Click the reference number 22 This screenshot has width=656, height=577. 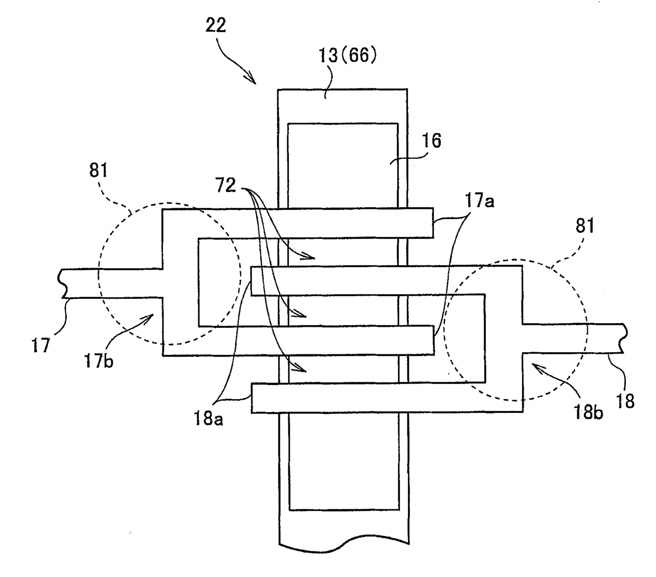[216, 25]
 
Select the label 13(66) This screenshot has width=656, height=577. [348, 55]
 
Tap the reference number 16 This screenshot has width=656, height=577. [432, 141]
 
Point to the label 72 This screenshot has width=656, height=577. [226, 186]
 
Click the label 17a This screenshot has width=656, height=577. [479, 200]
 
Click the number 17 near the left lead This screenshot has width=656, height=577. [41, 345]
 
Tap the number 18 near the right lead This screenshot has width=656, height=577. [625, 401]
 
